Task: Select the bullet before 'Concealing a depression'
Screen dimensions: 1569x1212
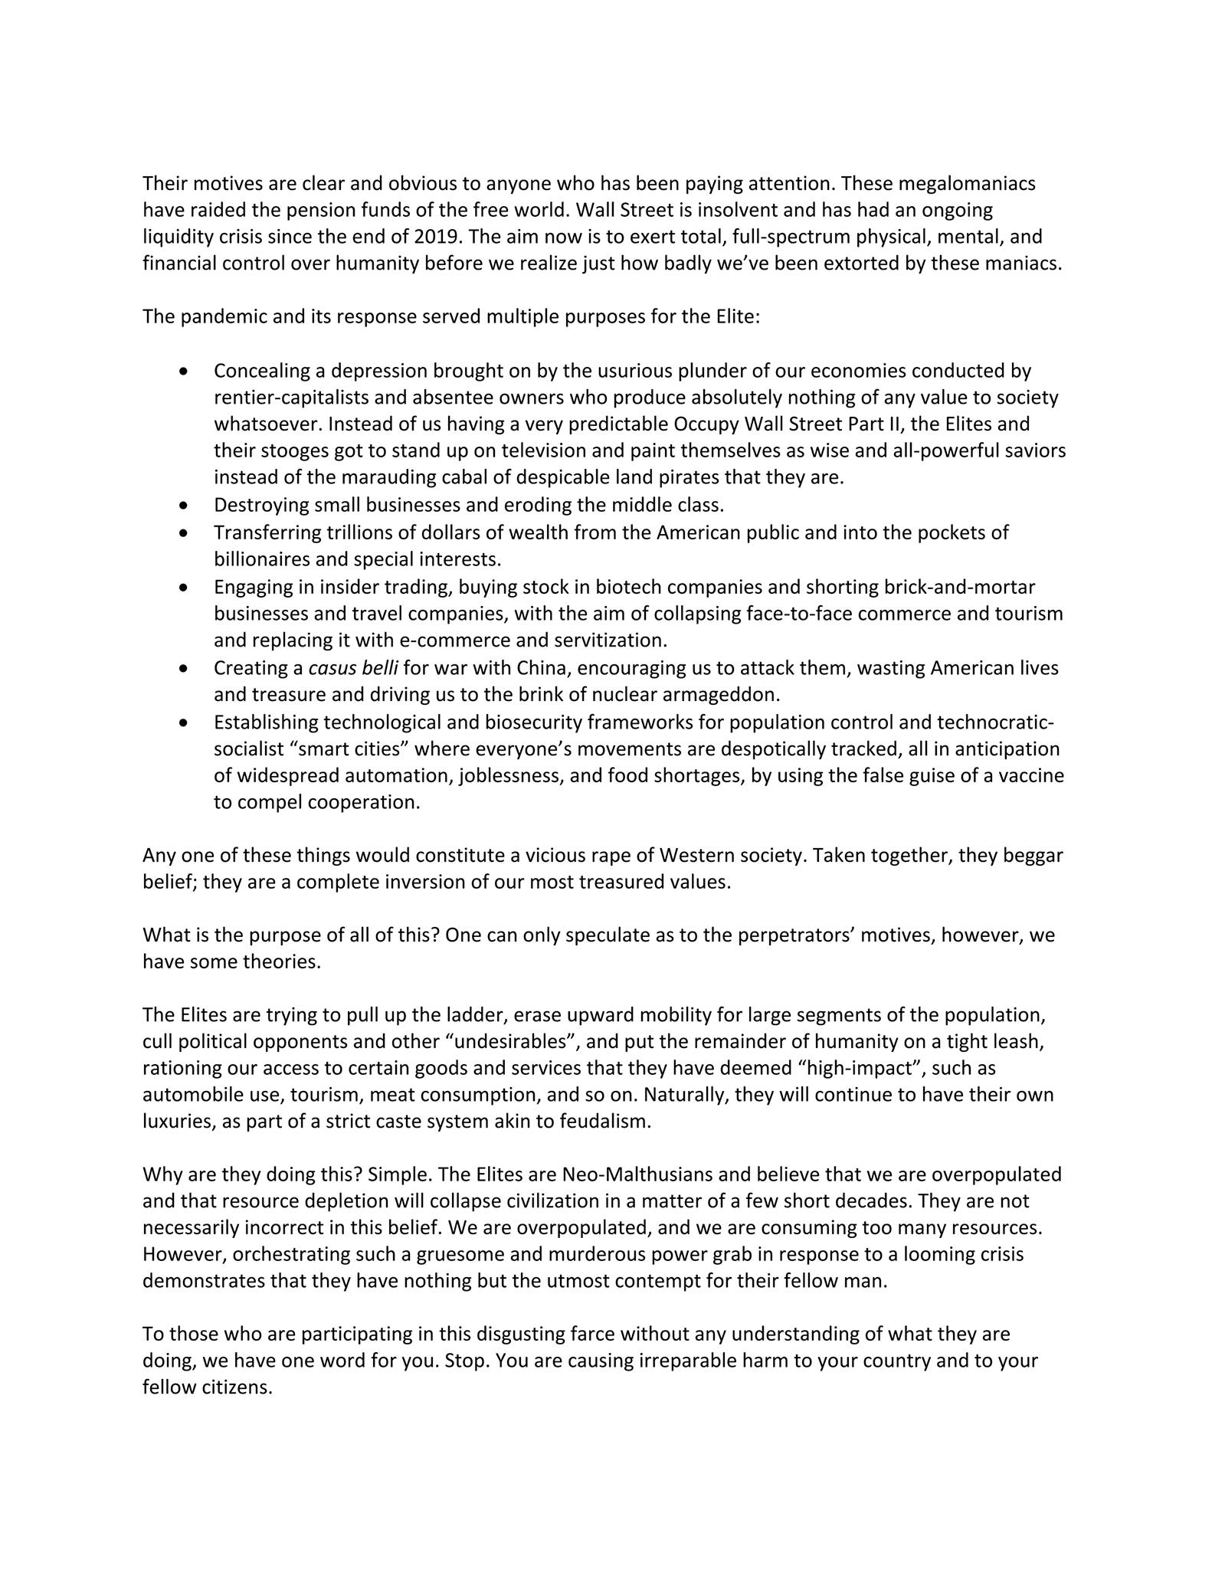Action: tap(182, 372)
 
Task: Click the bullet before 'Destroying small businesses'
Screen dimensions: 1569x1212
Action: tap(182, 506)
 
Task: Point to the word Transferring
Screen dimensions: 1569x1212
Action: tap(268, 532)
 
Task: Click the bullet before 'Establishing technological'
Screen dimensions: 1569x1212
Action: tap(182, 722)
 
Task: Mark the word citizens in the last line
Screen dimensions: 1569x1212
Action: tap(237, 1388)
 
